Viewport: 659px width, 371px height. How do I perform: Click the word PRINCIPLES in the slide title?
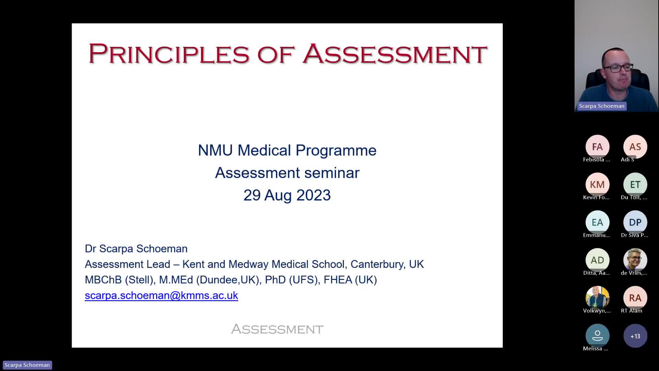(169, 54)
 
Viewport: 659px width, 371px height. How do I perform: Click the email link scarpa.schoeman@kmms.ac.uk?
(161, 295)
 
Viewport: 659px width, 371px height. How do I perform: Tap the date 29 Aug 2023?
(287, 195)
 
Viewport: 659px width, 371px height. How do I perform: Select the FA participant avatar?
(597, 147)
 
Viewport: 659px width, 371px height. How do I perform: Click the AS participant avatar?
(635, 147)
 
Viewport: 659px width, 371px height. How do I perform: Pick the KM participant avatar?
(597, 184)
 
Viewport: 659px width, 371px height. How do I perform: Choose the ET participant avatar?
(635, 184)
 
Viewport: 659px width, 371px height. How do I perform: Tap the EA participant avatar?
(597, 222)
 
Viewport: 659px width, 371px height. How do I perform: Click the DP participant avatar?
(635, 222)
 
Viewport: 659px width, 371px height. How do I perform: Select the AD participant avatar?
(597, 260)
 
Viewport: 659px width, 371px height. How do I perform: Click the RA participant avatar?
(635, 298)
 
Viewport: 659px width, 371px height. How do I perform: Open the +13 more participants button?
(635, 336)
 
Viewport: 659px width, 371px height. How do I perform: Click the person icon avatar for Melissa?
(597, 336)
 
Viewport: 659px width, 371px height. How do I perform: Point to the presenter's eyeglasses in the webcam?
(618, 68)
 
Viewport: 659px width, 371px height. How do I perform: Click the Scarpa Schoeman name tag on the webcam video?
(602, 106)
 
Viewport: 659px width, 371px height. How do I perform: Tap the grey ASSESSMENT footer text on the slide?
(277, 329)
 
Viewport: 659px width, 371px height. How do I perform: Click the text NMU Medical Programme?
(287, 150)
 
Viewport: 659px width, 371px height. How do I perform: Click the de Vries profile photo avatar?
(635, 260)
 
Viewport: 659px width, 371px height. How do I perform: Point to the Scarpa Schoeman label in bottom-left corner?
(27, 365)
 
